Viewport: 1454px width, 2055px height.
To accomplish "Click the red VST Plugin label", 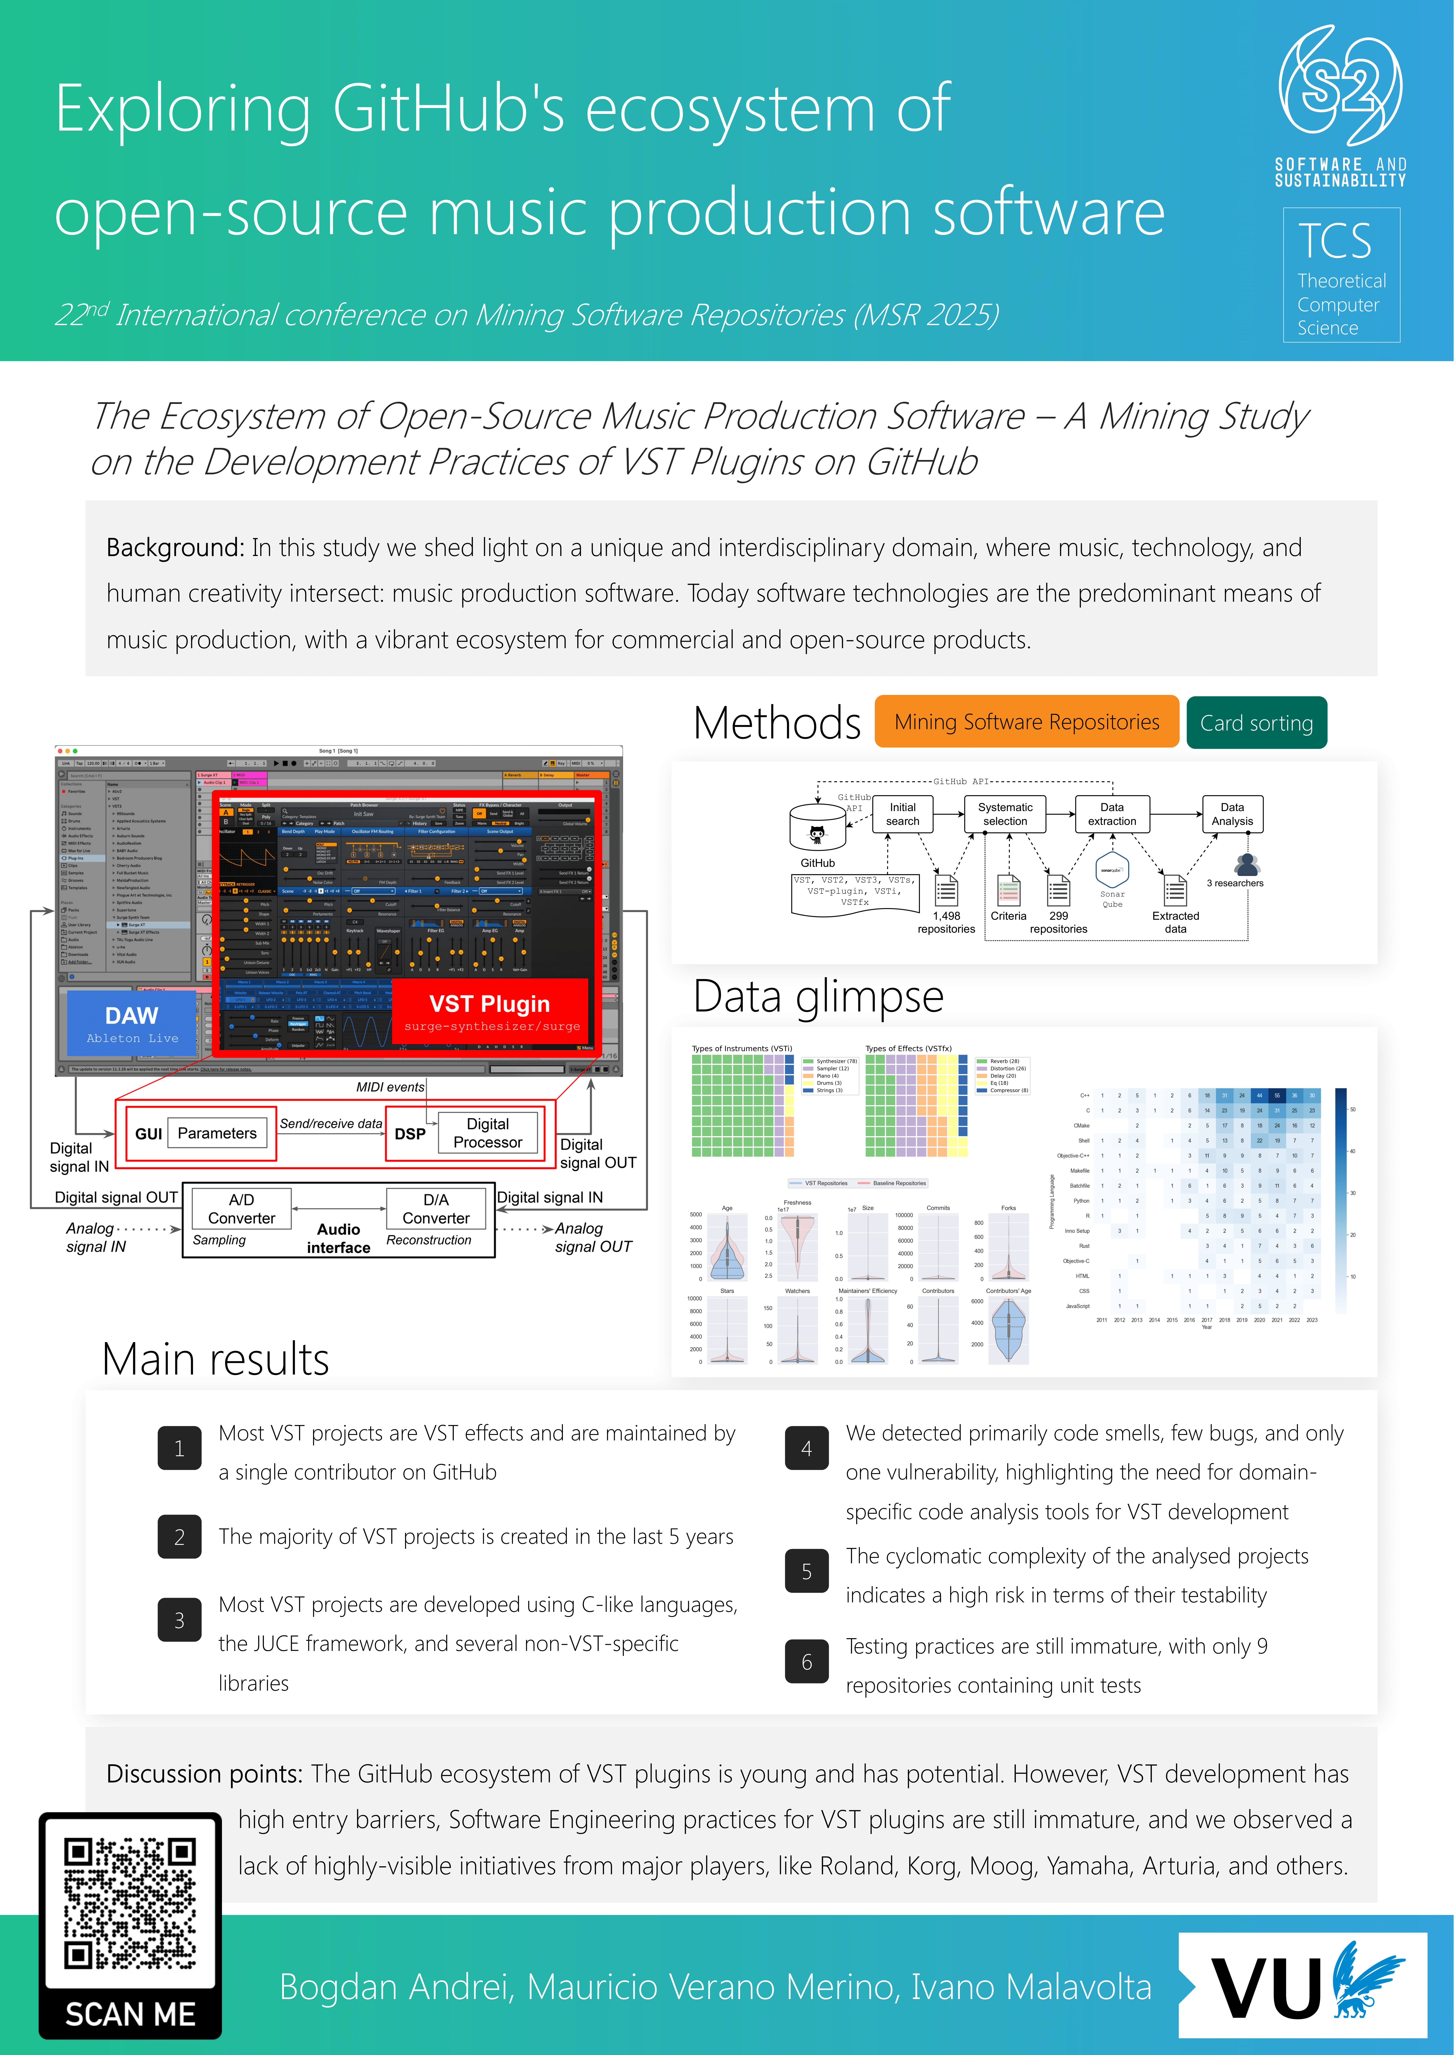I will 490,1011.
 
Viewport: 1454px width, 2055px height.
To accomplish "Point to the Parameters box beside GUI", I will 217,1133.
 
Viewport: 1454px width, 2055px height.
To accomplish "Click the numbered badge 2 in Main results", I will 179,1537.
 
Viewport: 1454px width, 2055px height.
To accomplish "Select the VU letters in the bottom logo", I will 1266,1989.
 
